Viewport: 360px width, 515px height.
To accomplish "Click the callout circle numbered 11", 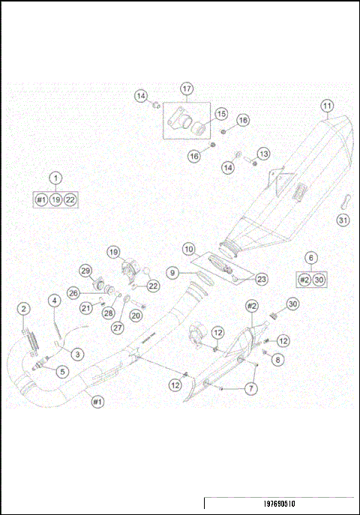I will click(x=327, y=106).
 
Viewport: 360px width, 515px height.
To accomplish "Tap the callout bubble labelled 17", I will click(x=187, y=88).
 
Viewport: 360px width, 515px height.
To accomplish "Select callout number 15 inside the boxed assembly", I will click(x=220, y=114).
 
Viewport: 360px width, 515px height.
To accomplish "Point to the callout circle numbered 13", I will click(x=262, y=154).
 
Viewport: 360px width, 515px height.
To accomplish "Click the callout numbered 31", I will click(x=343, y=220).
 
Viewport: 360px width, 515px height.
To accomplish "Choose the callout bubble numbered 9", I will click(x=173, y=274).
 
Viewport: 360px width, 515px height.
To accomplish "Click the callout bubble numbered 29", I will click(x=85, y=271).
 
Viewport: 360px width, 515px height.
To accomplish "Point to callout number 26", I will click(x=74, y=292).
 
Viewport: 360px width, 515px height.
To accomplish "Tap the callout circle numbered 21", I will click(x=86, y=307).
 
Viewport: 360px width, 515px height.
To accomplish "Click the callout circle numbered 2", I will click(x=25, y=309).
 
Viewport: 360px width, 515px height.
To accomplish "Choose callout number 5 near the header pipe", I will click(x=62, y=370).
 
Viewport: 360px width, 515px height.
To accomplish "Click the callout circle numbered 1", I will click(x=55, y=178).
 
